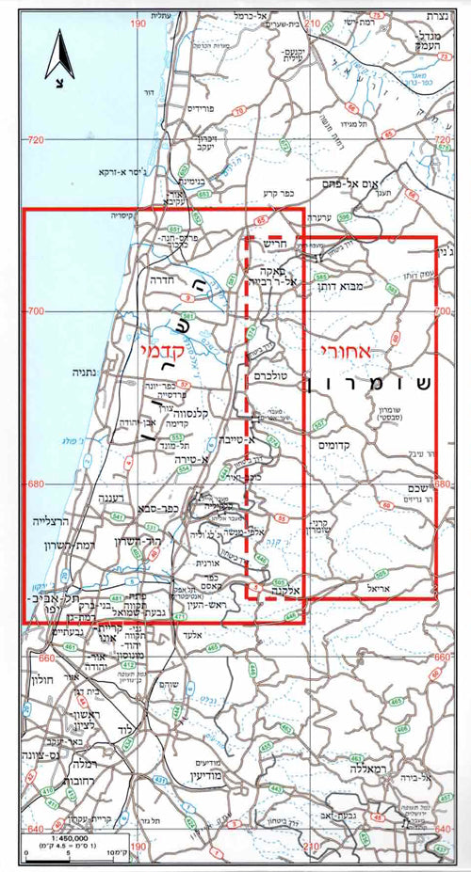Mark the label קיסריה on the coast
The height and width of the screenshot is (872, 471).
point(125,214)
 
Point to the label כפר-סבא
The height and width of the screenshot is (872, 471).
point(155,506)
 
